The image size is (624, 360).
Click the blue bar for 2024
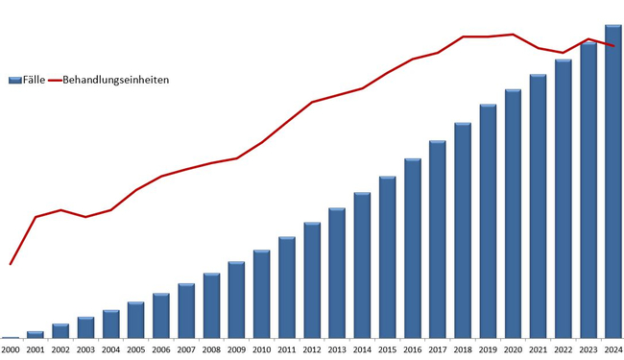pos(613,181)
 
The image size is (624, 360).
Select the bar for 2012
pos(312,280)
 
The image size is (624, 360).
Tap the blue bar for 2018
pos(463,230)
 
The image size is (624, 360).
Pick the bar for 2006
pos(161,316)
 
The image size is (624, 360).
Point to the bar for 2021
pos(538,206)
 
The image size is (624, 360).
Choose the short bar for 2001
pos(36,334)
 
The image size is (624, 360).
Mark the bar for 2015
pos(387,257)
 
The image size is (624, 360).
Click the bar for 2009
pos(236,300)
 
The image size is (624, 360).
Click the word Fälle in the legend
pos(34,80)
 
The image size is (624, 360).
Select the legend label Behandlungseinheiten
pos(116,80)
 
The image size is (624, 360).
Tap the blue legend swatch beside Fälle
pos(15,81)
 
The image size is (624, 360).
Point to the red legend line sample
pos(55,81)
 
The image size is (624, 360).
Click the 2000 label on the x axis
pos(11,350)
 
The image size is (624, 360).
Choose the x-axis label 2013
pos(337,350)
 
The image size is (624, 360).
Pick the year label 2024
pos(613,350)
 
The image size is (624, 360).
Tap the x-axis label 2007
pos(186,350)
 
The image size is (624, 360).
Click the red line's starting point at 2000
pos(11,264)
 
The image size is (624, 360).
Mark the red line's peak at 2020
pos(513,35)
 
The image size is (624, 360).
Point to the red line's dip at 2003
pos(85,217)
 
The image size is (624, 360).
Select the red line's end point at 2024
pos(613,46)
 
